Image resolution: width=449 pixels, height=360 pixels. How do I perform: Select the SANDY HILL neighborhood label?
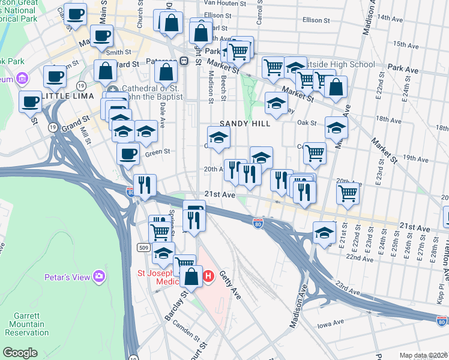click(x=242, y=124)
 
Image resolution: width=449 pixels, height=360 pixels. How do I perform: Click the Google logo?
click(x=20, y=353)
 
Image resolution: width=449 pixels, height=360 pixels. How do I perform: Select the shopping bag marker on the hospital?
click(x=192, y=277)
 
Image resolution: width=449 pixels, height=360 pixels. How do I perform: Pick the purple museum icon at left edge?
click(x=23, y=78)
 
